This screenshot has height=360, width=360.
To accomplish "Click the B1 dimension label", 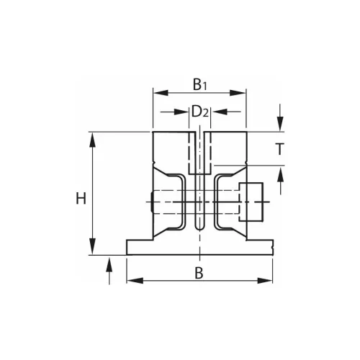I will (x=199, y=85).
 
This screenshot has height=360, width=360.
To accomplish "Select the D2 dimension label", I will (x=199, y=112).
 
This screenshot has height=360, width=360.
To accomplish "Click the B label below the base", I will (x=197, y=271).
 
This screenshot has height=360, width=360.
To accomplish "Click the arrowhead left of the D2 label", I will (x=184, y=112).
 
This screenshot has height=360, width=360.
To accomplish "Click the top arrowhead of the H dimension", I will (x=92, y=137).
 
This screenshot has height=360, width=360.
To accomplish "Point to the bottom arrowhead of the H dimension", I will (x=92, y=249).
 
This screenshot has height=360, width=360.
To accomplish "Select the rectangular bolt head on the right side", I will (x=251, y=202).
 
